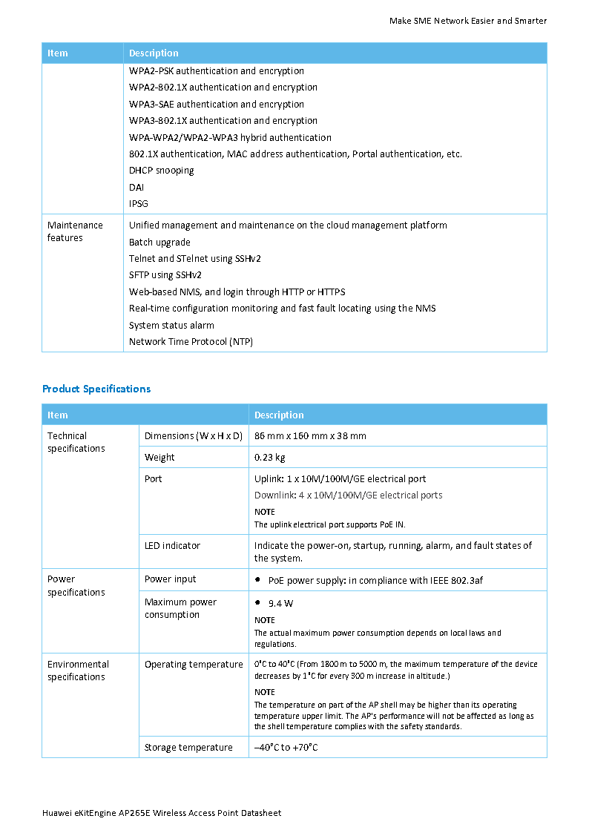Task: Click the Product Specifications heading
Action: coord(96,389)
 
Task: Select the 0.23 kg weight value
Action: coord(270,457)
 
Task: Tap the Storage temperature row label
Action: coord(188,747)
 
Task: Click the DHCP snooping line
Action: coord(162,170)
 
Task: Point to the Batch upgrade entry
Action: coord(159,242)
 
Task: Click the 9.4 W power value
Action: coord(280,603)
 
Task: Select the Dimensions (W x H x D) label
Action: coord(194,435)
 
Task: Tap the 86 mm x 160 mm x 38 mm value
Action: coord(310,435)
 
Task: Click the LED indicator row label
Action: coord(172,545)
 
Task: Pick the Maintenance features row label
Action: coord(75,231)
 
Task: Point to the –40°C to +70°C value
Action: coord(286,747)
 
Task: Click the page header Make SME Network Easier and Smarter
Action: coord(468,21)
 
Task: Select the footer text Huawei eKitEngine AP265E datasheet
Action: coord(162,813)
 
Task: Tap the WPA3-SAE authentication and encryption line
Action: coord(217,104)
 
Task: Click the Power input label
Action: coord(171,579)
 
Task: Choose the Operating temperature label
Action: coord(194,664)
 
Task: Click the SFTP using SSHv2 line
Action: coord(165,274)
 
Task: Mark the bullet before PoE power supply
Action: coord(257,579)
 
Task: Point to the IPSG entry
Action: coord(139,203)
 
